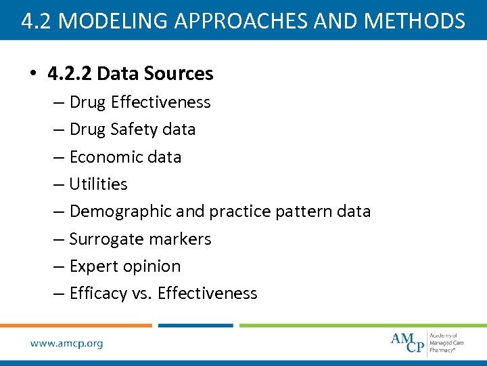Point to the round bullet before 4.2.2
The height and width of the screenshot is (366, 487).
tap(33, 74)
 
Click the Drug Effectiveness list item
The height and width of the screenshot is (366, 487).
tap(140, 102)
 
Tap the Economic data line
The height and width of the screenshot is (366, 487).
tap(125, 157)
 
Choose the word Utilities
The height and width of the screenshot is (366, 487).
tap(99, 184)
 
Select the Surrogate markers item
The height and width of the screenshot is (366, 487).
tap(140, 239)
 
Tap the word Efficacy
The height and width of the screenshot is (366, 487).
tap(98, 293)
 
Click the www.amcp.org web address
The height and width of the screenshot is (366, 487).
tap(66, 344)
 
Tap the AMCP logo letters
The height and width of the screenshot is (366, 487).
tap(407, 342)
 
